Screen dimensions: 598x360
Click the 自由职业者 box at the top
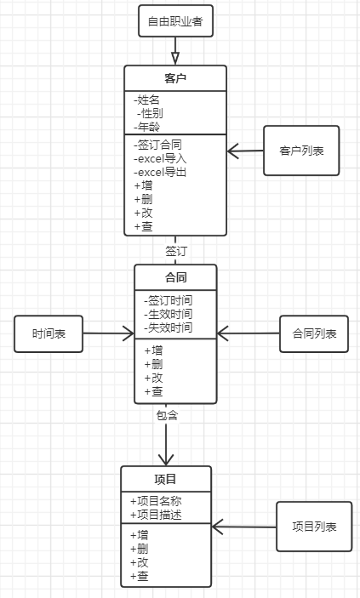point(175,20)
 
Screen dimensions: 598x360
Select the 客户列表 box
point(301,151)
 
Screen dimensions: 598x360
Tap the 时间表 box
point(49,333)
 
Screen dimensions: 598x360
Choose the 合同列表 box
point(314,333)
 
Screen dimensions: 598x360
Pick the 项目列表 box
point(314,527)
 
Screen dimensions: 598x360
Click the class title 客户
point(175,78)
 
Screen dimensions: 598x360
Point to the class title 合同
point(175,277)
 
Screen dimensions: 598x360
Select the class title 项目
point(166,478)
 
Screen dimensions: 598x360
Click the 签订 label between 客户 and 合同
point(176,251)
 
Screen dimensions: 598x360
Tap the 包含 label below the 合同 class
point(167,415)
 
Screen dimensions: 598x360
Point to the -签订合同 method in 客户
point(157,144)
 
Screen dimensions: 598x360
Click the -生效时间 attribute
point(168,314)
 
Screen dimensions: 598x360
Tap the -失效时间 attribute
point(168,327)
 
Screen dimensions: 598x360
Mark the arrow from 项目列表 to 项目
point(244,527)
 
